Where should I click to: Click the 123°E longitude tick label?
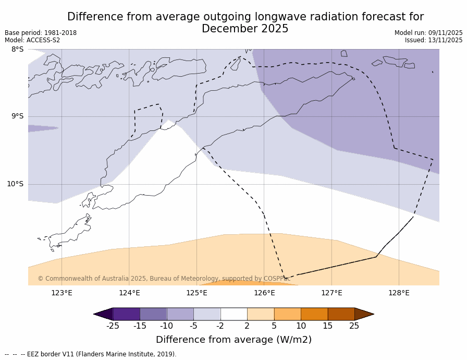[x=62, y=293]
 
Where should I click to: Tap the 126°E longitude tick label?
[x=264, y=293]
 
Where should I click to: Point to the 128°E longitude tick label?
[x=399, y=293]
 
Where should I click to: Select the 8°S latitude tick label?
[x=17, y=50]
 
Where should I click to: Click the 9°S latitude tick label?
[x=17, y=116]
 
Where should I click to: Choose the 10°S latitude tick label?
[x=15, y=184]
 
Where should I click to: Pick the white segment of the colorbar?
[x=233, y=314]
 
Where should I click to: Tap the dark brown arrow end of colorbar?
[x=363, y=314]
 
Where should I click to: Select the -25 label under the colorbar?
[x=113, y=326]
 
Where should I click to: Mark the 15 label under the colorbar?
[x=327, y=326]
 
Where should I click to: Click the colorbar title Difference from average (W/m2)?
[x=233, y=340]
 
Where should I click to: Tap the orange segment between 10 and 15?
[x=314, y=314]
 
